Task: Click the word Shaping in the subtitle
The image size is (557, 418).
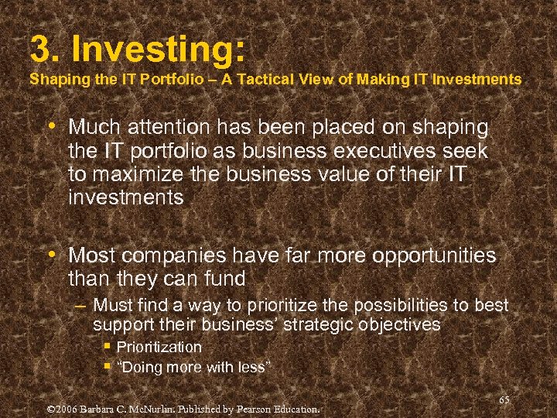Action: tap(53, 79)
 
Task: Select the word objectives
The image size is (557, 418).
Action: tap(402, 325)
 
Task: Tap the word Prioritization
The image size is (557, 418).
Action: tap(159, 347)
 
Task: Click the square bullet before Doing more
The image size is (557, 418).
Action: tap(108, 366)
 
